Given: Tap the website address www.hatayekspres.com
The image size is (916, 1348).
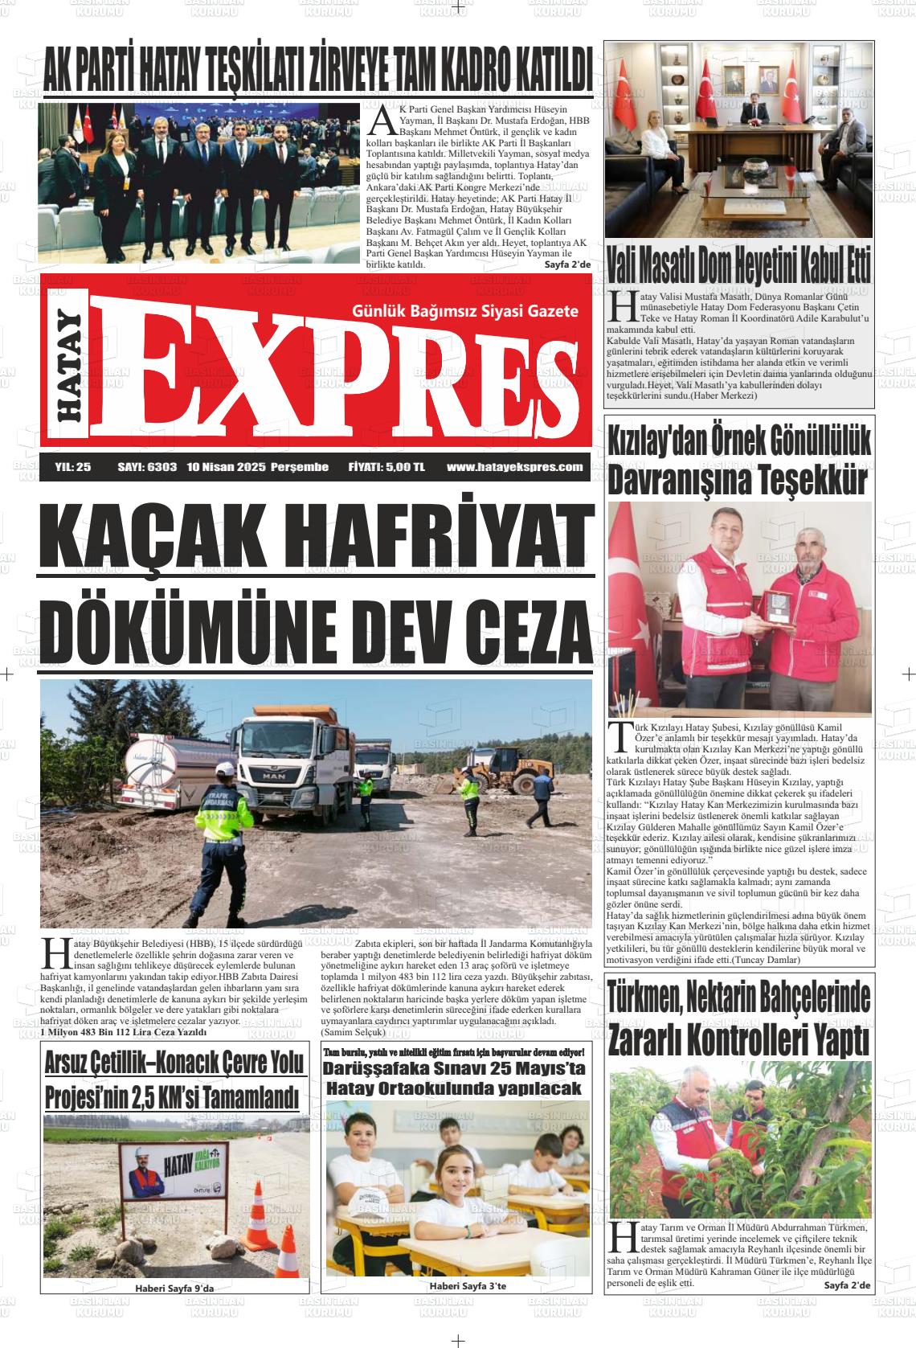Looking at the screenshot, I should pyautogui.click(x=514, y=467).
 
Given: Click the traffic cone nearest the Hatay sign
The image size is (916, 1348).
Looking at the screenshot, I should pyautogui.click(x=258, y=1204).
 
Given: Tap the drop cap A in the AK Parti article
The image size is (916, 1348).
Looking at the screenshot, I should pyautogui.click(x=382, y=121).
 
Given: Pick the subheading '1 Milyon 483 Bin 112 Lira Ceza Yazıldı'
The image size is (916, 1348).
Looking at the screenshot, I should pyautogui.click(x=124, y=1032).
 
